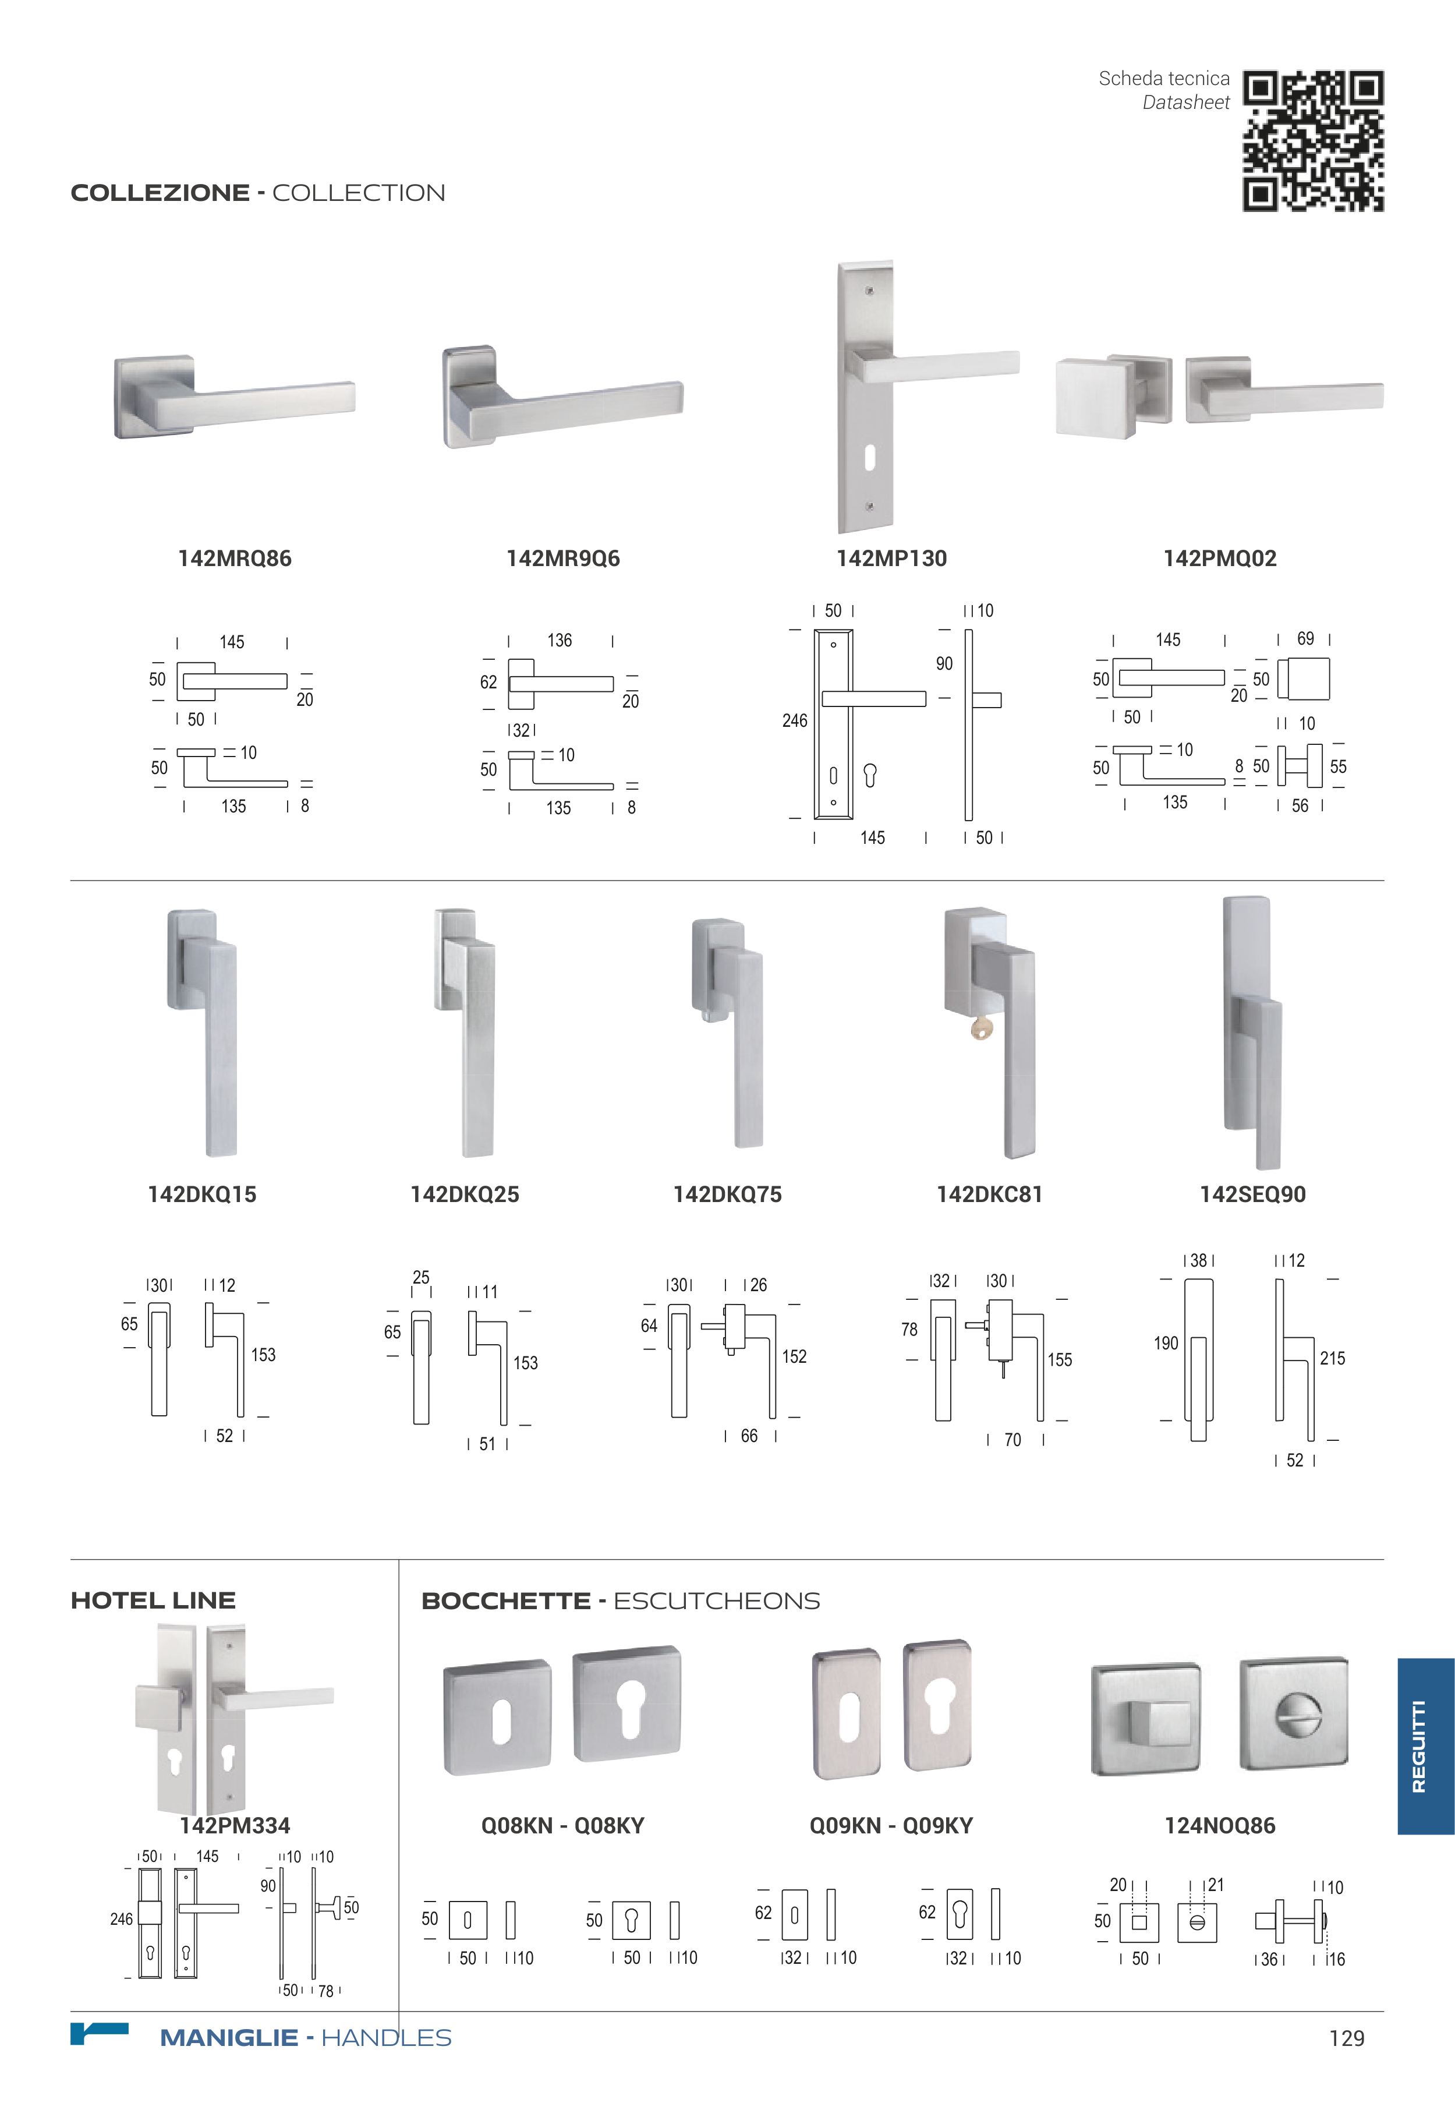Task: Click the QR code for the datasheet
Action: tap(1313, 142)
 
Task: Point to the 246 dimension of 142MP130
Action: tap(795, 721)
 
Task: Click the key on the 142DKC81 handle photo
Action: tap(981, 1029)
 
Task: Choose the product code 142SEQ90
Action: tap(1252, 1194)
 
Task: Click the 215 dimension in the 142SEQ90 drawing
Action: tap(1332, 1359)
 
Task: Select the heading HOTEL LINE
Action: tap(153, 1601)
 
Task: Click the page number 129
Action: tap(1347, 2038)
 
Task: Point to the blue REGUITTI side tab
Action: tap(1426, 1746)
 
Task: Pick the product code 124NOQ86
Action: tap(1220, 1825)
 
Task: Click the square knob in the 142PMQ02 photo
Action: tap(1094, 398)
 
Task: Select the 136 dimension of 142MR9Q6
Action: tap(560, 641)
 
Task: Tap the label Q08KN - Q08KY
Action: tap(562, 1825)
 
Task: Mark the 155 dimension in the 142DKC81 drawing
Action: tap(1059, 1360)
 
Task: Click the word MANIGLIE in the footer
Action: tap(229, 2038)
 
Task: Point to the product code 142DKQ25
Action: tap(465, 1194)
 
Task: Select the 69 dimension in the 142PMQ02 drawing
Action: tap(1305, 639)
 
